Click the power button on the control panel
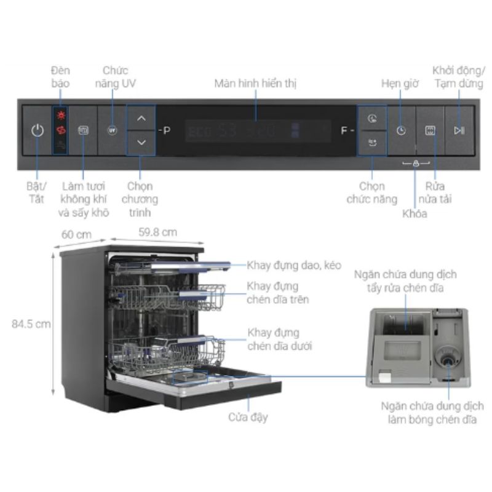[x=38, y=130]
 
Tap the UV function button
[x=112, y=130]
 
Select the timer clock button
[x=401, y=130]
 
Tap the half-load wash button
[x=430, y=130]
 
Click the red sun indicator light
[x=61, y=115]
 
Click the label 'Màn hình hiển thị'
[x=255, y=83]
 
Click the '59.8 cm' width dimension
[x=157, y=232]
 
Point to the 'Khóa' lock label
[x=415, y=213]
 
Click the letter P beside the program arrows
[x=166, y=130]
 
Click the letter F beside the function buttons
[x=345, y=130]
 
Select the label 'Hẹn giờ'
[x=399, y=83]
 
